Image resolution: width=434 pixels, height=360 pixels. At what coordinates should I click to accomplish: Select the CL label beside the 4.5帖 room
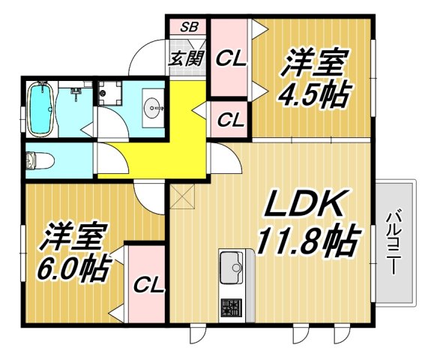[232, 58]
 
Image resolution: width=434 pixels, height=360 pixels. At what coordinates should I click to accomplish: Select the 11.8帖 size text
[306, 240]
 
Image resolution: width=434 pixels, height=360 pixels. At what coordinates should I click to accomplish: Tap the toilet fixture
[34, 160]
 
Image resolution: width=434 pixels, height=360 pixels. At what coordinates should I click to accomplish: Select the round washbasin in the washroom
[154, 108]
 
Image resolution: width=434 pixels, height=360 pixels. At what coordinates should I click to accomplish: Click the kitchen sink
[230, 265]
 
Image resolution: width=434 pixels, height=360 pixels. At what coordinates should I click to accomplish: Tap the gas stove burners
[230, 308]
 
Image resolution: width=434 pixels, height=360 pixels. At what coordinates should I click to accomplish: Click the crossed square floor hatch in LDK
[181, 197]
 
